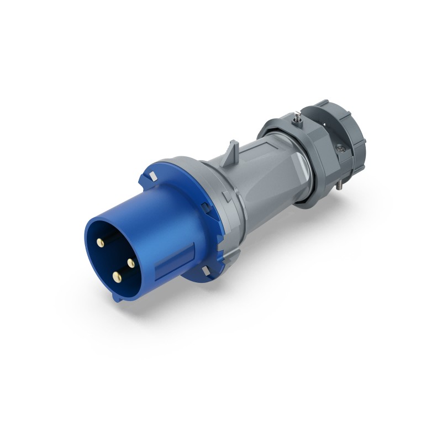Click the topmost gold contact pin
(x=102, y=243)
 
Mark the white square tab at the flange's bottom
(x=206, y=271)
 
